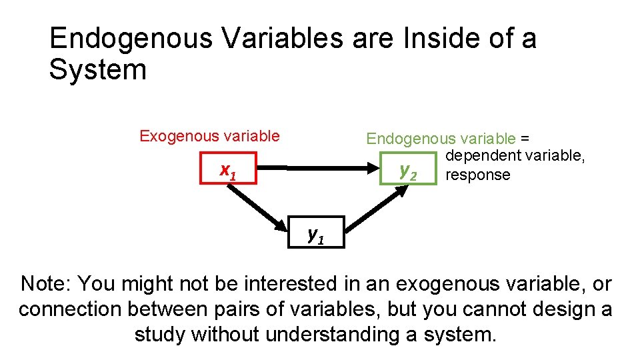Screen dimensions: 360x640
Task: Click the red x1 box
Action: [229, 171]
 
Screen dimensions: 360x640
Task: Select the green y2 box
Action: [407, 171]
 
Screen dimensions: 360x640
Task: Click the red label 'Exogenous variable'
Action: [209, 137]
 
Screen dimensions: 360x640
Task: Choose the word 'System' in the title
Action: [98, 69]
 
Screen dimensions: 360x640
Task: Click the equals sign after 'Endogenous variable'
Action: [525, 139]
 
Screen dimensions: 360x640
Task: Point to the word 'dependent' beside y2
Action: [483, 156]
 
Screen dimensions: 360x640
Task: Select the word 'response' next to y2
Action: [477, 175]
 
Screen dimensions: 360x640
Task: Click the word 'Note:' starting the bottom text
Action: [46, 283]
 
